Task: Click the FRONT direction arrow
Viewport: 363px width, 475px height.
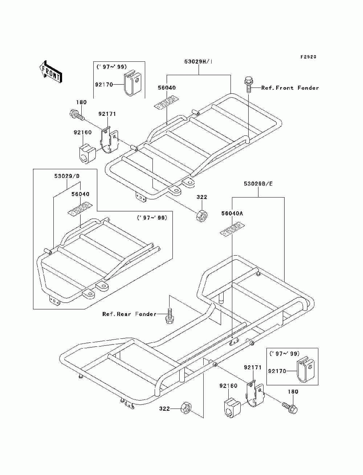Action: tap(51, 72)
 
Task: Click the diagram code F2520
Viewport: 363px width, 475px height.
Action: tap(308, 57)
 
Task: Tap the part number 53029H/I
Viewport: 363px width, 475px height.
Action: tap(199, 62)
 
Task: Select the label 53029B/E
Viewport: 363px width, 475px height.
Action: tap(258, 184)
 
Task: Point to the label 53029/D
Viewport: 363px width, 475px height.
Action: tap(67, 176)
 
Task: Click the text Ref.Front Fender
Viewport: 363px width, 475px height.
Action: tap(290, 88)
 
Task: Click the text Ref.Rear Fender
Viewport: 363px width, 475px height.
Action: tap(129, 314)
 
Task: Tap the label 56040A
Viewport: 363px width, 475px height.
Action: tap(232, 214)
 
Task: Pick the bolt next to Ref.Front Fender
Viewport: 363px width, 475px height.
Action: tap(249, 85)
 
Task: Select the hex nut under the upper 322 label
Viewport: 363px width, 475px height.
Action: tap(201, 215)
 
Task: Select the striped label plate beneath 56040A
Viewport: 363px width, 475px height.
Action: tap(232, 229)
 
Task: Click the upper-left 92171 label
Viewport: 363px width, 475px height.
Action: tap(107, 114)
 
